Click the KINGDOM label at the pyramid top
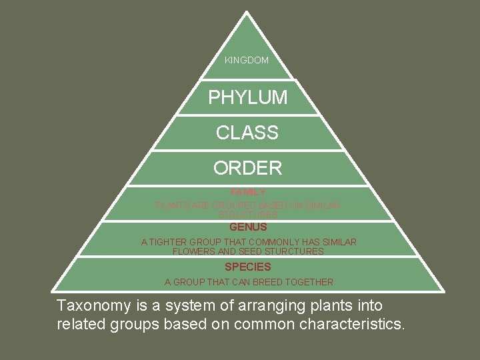point(247,60)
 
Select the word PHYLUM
point(247,97)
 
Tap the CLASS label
point(247,133)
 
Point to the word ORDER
point(247,168)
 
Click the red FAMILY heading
point(247,192)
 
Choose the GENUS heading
point(248,227)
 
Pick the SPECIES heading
point(248,267)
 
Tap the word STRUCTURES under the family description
point(248,215)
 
